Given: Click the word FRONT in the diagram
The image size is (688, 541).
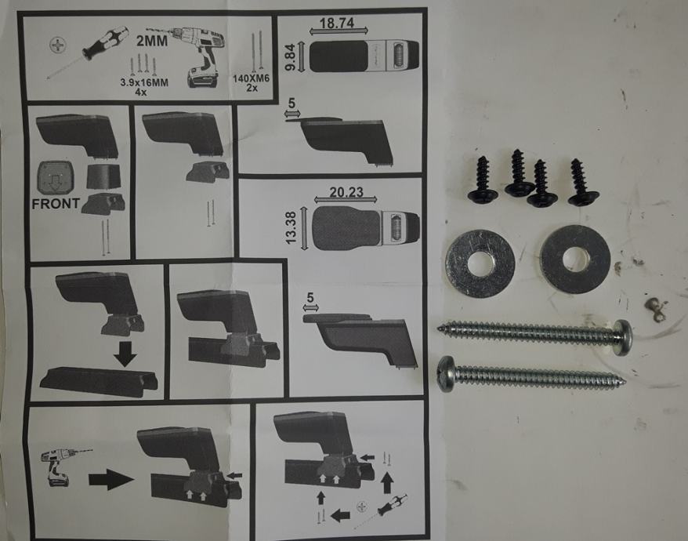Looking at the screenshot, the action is pos(56,204).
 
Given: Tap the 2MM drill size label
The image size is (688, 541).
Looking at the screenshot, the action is pos(152,41).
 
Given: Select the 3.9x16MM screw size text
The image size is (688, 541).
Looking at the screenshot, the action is pos(144,82).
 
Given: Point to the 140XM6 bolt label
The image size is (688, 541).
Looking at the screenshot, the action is pos(251,78).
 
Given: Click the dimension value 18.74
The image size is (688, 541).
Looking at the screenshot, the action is pos(336,23).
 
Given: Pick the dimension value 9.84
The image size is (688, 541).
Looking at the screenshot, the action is pos(290,56).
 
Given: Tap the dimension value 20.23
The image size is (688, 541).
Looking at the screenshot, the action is pos(346,192).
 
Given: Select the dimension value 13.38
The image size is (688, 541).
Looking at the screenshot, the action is pos(291,228).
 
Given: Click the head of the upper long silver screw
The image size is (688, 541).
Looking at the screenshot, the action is pos(623,337).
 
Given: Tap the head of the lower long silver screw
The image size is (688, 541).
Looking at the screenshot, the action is pos(446,373).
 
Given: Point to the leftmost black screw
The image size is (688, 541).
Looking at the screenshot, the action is pos(483,180).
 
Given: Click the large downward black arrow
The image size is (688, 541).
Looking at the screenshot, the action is pos(125,354).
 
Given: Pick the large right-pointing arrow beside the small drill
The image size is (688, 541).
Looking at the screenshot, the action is pos(111,479).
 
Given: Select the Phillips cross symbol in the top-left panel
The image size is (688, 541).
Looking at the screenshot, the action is pos(57,45).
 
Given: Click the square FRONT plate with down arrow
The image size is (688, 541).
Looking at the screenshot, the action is pos(56,178).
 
